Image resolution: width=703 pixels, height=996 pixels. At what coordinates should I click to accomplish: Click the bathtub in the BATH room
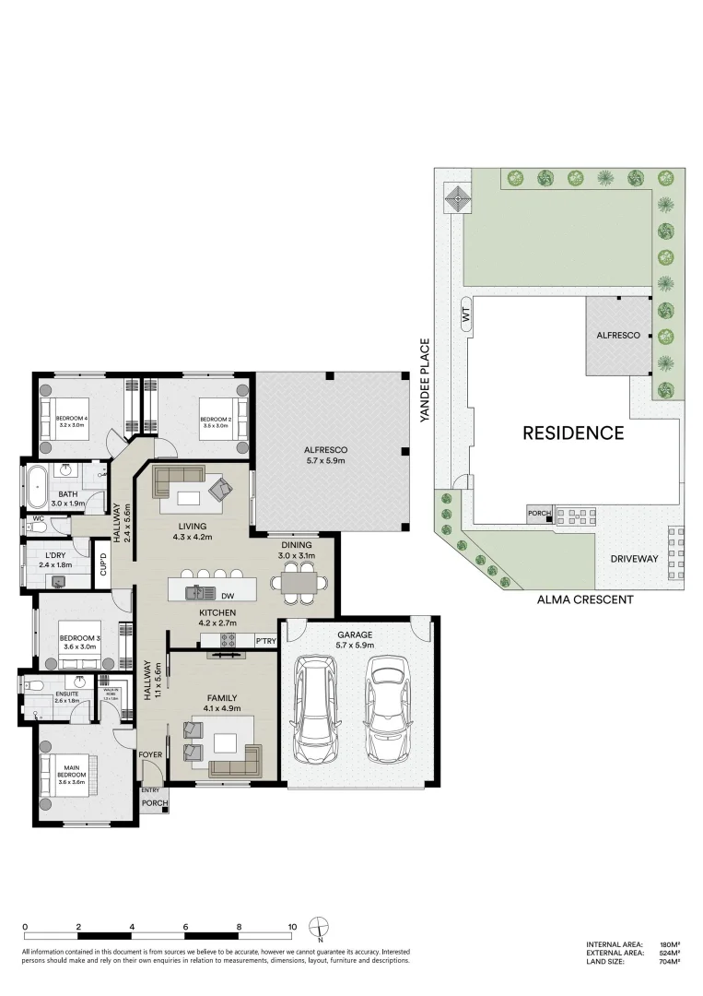click(x=38, y=487)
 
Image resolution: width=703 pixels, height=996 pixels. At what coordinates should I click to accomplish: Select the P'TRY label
click(x=266, y=640)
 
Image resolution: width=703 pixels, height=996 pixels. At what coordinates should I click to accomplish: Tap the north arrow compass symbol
click(x=319, y=928)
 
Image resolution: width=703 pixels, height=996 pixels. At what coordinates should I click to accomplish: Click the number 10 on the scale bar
click(x=291, y=926)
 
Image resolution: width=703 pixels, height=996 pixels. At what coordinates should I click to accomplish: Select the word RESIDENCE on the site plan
click(x=573, y=433)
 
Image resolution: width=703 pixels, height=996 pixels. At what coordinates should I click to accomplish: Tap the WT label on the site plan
click(x=465, y=315)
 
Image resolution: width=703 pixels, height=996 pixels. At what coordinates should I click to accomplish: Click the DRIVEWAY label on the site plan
click(x=634, y=559)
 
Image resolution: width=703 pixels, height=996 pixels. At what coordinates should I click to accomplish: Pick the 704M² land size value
click(x=669, y=961)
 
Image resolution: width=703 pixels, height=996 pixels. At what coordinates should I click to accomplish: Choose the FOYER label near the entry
click(x=150, y=754)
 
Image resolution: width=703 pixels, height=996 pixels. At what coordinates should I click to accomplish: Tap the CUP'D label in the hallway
click(x=103, y=564)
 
